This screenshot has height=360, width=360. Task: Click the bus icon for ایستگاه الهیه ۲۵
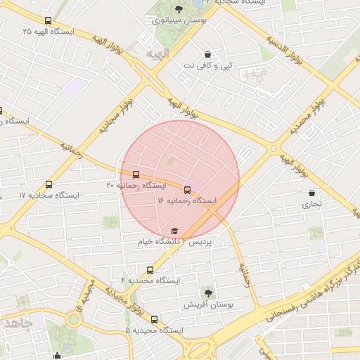pyautogui.click(x=48, y=21)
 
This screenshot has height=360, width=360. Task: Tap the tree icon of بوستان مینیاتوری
pyautogui.click(x=178, y=10)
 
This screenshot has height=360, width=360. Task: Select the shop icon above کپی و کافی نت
pyautogui.click(x=207, y=55)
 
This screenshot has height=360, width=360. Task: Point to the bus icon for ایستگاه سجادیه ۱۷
pyautogui.click(x=48, y=184)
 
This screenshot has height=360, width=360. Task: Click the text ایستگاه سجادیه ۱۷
pyautogui.click(x=24, y=195)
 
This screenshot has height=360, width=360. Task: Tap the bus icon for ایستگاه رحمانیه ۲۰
pyautogui.click(x=135, y=174)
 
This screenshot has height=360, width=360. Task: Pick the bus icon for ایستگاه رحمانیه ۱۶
pyautogui.click(x=187, y=190)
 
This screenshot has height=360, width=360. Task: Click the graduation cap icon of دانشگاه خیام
pyautogui.click(x=174, y=231)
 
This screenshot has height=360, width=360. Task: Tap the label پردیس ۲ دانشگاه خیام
pyautogui.click(x=174, y=242)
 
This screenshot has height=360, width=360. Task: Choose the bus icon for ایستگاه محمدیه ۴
pyautogui.click(x=150, y=270)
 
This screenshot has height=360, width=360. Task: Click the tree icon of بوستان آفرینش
pyautogui.click(x=207, y=292)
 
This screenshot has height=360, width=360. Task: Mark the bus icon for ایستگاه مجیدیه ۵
pyautogui.click(x=154, y=320)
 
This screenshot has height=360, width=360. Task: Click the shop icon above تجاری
pyautogui.click(x=311, y=193)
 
